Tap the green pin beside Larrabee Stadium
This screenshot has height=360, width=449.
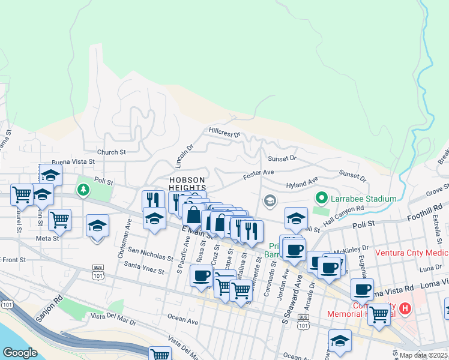(x=321, y=197)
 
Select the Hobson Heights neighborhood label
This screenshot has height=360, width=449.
(x=187, y=184)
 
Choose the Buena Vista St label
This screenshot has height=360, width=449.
(x=73, y=162)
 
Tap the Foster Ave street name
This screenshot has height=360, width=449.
(x=259, y=176)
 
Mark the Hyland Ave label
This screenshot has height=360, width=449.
(x=302, y=184)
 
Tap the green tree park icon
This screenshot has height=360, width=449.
(x=83, y=190)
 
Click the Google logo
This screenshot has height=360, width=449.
(x=20, y=352)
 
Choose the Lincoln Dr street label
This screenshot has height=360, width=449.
(x=184, y=154)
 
